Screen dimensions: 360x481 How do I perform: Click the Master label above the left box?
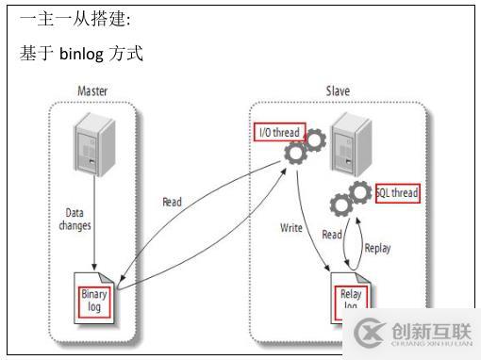click(x=91, y=91)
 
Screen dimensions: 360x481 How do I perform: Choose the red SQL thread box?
click(x=395, y=194)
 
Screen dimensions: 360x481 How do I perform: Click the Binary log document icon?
click(x=96, y=300)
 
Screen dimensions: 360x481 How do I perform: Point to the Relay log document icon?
click(x=350, y=300)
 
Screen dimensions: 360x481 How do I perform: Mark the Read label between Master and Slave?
click(x=172, y=202)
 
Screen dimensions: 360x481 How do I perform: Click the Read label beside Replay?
click(x=332, y=235)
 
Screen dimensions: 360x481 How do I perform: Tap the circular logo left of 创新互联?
click(x=367, y=333)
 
